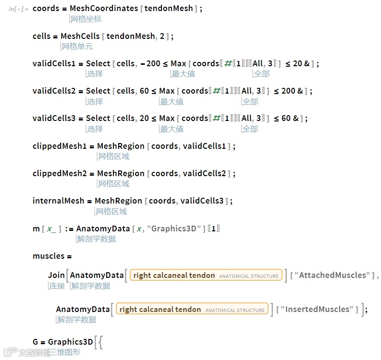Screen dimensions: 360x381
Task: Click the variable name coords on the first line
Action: pyautogui.click(x=46, y=9)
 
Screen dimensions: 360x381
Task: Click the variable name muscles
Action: pyautogui.click(x=49, y=256)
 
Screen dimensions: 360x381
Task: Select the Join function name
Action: pyautogui.click(x=56, y=275)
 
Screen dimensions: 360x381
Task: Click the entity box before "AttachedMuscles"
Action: pyautogui.click(x=206, y=276)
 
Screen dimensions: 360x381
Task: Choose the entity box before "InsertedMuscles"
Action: pyautogui.click(x=192, y=310)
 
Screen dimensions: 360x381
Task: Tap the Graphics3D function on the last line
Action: pyautogui.click(x=71, y=342)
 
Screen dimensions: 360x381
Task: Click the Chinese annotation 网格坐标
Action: pyautogui.click(x=86, y=19)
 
